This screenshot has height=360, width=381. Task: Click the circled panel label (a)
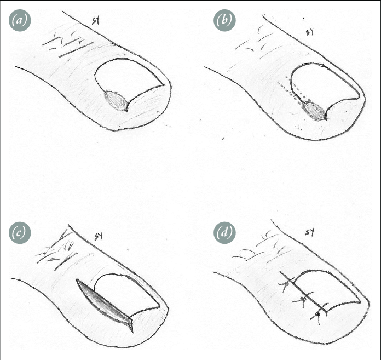coord(20,20)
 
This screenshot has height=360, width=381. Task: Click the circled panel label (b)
coord(224,20)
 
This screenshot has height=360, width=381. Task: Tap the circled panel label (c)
coord(20,233)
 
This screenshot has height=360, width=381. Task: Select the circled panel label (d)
coord(224,233)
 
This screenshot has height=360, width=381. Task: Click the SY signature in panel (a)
coord(96,21)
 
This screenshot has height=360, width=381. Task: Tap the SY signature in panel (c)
coord(99,236)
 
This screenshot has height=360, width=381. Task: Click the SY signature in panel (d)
coord(310,233)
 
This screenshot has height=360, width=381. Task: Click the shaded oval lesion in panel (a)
coord(116,101)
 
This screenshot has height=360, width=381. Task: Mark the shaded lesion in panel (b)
coord(314,111)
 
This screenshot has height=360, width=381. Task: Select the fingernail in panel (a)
coord(129,80)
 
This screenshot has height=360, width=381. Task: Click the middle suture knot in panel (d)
coord(303,299)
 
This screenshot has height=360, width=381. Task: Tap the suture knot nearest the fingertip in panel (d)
coord(317,315)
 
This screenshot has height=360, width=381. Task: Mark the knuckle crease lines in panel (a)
coord(67,45)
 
